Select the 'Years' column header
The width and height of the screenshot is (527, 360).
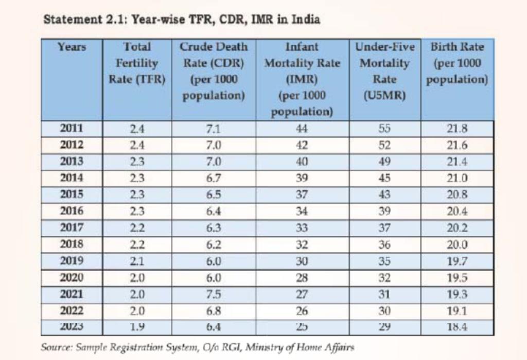click(x=72, y=47)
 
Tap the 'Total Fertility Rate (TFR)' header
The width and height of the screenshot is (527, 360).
click(x=137, y=63)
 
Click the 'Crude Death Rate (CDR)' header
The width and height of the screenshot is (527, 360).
click(x=214, y=71)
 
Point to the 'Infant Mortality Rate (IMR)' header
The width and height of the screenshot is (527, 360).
click(x=302, y=79)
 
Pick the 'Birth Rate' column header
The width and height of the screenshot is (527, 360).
click(x=457, y=63)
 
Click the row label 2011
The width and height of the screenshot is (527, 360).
click(x=72, y=129)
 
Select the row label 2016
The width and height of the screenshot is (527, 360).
click(x=72, y=210)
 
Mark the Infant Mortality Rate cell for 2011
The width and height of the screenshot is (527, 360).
click(x=302, y=129)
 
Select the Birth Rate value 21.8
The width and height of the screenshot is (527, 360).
click(x=457, y=129)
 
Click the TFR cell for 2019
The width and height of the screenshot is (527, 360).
click(x=137, y=260)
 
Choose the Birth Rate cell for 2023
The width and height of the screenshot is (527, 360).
click(x=457, y=326)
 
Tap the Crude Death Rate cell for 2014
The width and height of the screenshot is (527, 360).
click(x=214, y=178)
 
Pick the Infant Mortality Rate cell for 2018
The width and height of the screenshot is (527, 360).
click(x=302, y=244)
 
